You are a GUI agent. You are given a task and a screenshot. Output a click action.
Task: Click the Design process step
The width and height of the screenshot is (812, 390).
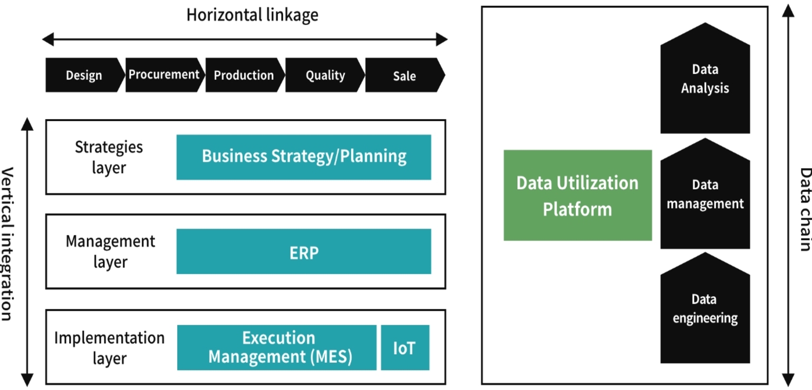(84, 75)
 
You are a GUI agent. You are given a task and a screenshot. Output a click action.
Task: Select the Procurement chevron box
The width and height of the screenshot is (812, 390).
(164, 75)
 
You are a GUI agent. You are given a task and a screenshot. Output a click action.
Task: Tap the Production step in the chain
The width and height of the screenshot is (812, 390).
(244, 75)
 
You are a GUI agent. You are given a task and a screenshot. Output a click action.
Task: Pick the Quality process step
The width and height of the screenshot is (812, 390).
(325, 75)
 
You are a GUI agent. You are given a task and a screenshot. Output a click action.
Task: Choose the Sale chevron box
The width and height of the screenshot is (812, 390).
(404, 75)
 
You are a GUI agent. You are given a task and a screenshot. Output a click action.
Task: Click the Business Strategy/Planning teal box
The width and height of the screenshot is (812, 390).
(304, 157)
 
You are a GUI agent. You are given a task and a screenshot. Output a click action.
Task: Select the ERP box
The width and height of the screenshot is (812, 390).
(304, 252)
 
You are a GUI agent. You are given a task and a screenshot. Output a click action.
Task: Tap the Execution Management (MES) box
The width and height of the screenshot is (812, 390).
(277, 348)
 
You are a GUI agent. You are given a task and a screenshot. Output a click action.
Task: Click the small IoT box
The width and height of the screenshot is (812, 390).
(405, 348)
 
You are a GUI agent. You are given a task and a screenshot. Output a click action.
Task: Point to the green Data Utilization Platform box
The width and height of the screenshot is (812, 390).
(577, 196)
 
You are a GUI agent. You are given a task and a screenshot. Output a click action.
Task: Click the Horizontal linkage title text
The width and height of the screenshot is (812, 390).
(252, 15)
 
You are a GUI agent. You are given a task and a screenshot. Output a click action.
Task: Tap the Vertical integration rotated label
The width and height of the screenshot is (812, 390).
(7, 243)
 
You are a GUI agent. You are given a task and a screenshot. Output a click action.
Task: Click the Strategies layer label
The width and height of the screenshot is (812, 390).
(109, 157)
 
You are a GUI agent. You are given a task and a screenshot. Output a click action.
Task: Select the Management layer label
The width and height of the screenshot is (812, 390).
(110, 252)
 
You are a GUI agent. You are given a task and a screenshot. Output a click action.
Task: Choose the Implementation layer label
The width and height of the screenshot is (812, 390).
(109, 348)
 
